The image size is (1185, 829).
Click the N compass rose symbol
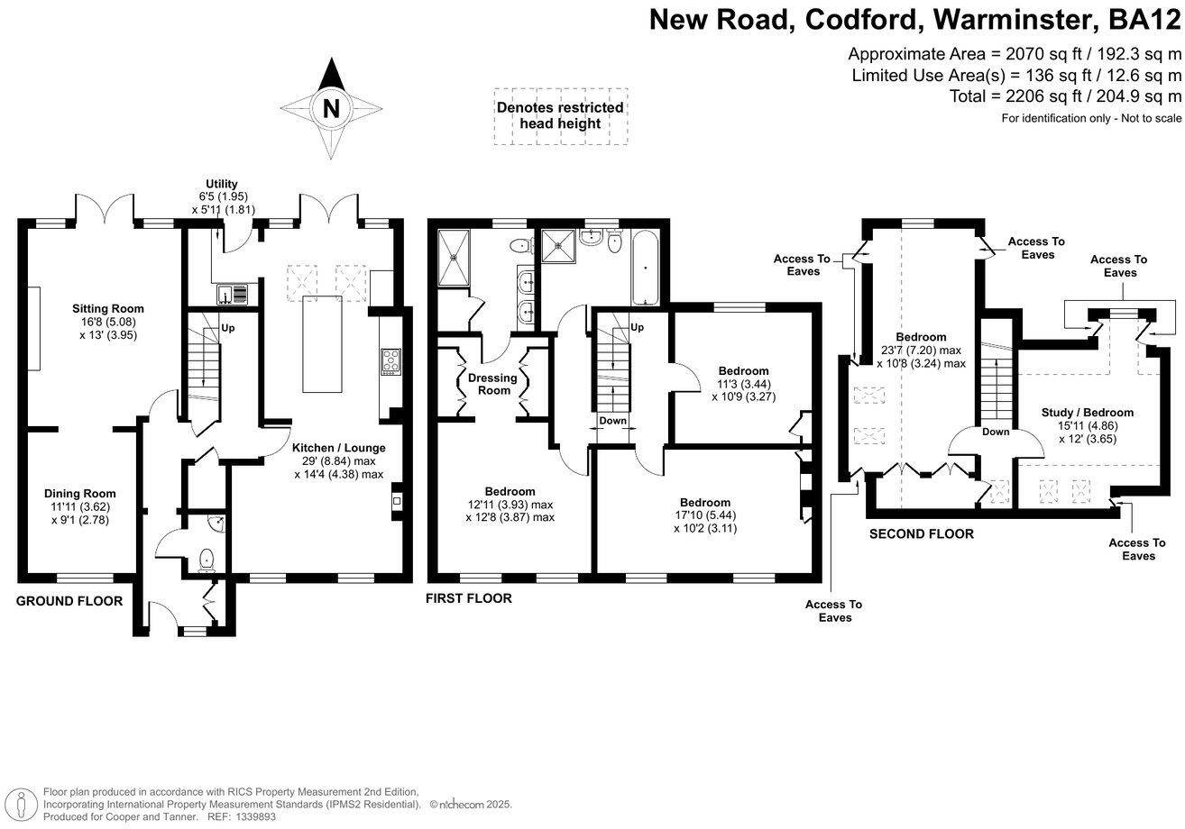pos(331,109)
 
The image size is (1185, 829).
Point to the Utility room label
pos(221,183)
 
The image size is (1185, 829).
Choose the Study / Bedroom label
pos(1087,413)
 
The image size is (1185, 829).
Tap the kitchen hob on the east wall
pos(391,361)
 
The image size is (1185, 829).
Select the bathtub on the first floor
pos(645,267)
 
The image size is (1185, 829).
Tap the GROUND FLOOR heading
pos(69,601)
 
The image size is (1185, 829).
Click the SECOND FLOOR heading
pos(921,534)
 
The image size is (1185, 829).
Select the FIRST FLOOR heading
pos(469,598)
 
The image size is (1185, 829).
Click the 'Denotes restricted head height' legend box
pos(560,116)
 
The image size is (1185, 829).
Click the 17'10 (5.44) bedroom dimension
pos(705,515)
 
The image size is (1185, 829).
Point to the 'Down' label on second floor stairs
pos(996,432)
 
